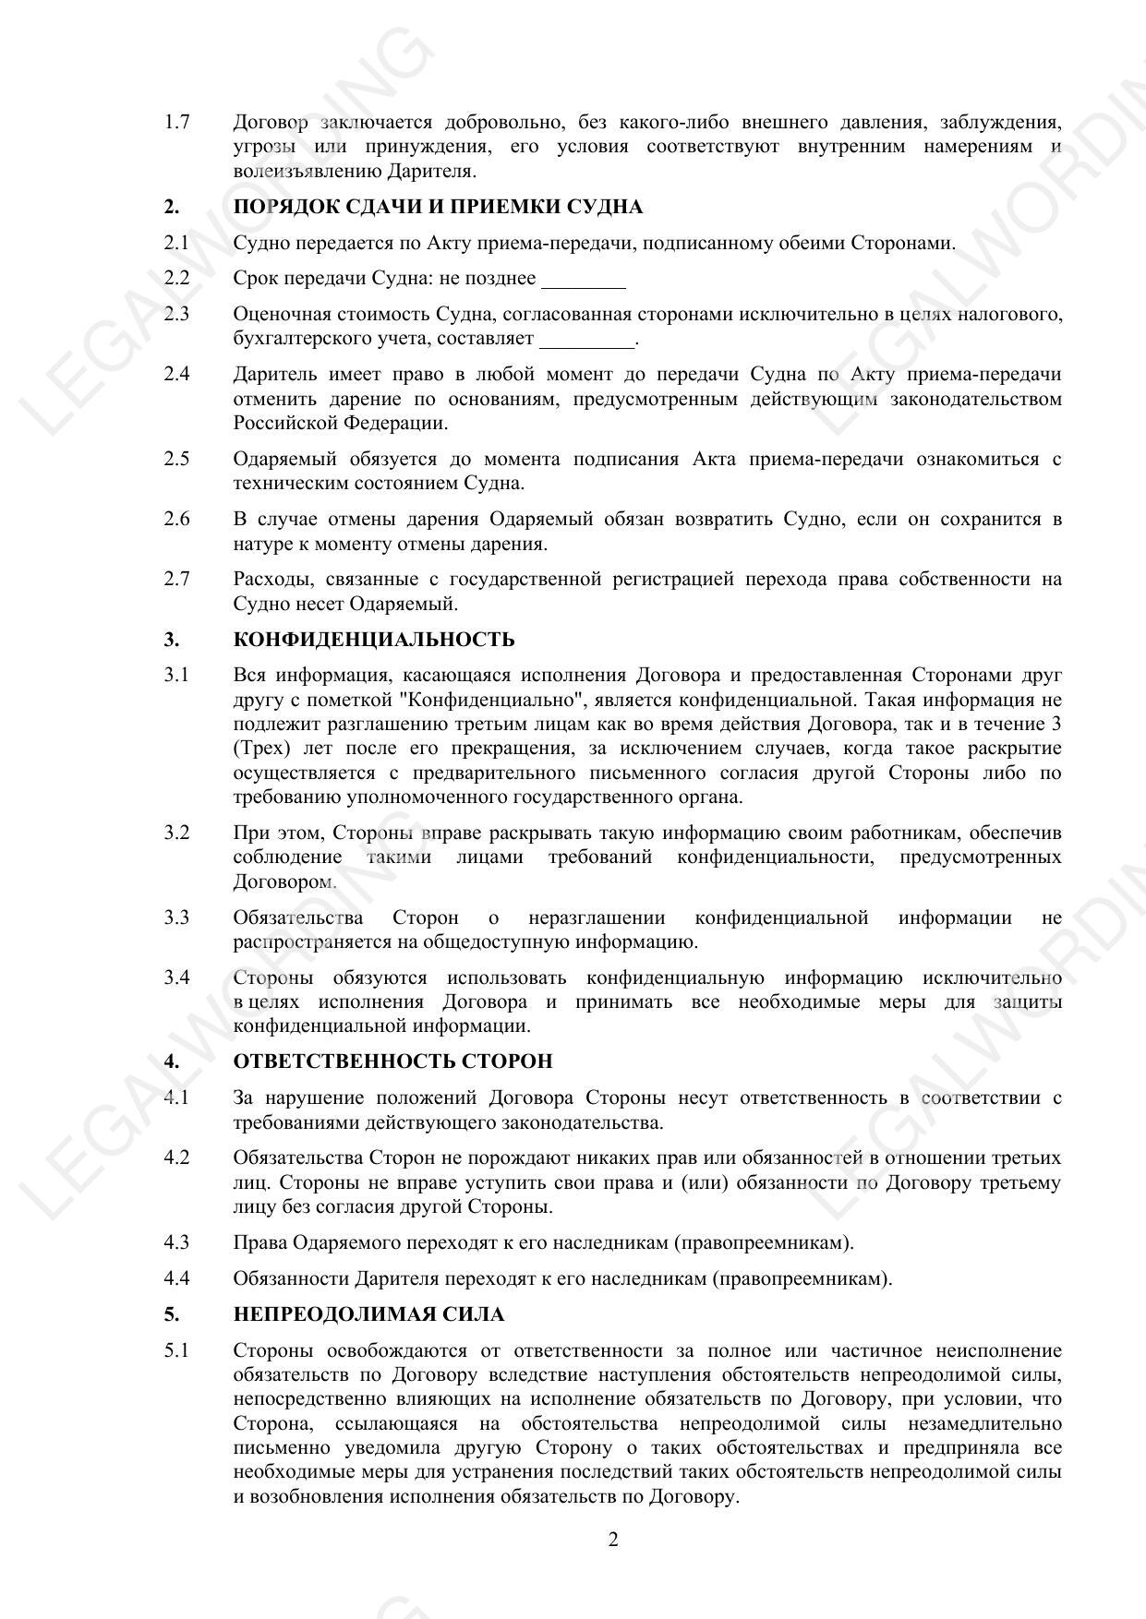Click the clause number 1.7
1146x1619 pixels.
[x=176, y=122]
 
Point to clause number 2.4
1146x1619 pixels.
[x=176, y=374]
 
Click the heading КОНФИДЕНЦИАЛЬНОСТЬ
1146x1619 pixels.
[x=374, y=640]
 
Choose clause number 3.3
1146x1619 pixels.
[x=176, y=917]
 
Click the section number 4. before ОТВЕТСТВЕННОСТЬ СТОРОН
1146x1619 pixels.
[x=172, y=1061]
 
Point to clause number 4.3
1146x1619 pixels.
[x=176, y=1242]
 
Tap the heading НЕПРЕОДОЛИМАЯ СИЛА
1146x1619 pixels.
[x=368, y=1314]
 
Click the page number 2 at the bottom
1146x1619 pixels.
[x=613, y=1540]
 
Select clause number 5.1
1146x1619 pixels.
[x=176, y=1350]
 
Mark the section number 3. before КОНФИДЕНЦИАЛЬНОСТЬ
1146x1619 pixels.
[x=172, y=640]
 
